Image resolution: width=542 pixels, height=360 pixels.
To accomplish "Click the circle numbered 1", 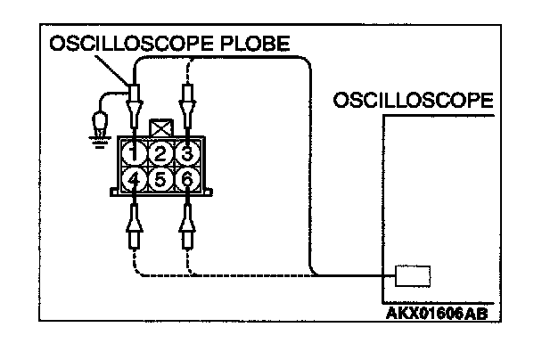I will (x=134, y=153).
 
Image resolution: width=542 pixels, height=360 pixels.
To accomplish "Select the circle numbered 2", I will (x=160, y=153).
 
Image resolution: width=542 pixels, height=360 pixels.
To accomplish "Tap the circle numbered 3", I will (x=185, y=153).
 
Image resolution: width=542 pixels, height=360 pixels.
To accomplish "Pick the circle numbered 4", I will (x=134, y=178).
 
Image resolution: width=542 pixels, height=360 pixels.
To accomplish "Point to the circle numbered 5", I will (x=160, y=178).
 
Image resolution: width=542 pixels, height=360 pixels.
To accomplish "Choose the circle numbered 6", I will (x=185, y=178).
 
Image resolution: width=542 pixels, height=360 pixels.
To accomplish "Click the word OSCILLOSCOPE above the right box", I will (x=412, y=101).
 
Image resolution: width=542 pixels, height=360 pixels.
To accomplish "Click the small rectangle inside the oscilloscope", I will (x=413, y=275).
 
